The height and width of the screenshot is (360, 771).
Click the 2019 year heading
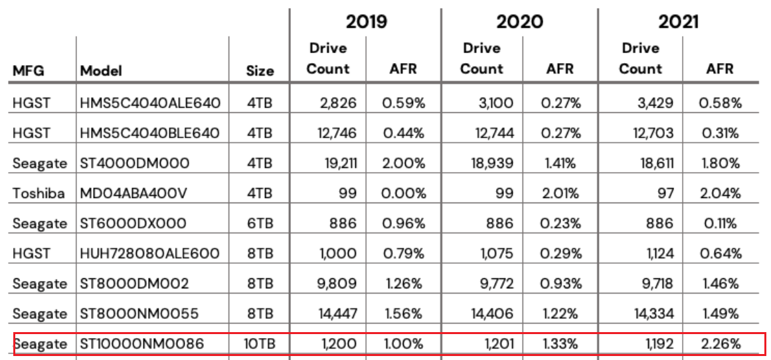click(x=366, y=21)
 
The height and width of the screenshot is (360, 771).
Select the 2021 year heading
click(x=678, y=21)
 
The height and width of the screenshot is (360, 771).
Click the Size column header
click(x=260, y=70)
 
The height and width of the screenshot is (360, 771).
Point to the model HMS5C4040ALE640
click(x=150, y=103)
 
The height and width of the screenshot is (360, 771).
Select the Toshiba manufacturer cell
click(x=39, y=193)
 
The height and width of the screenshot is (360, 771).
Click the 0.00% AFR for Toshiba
click(x=403, y=193)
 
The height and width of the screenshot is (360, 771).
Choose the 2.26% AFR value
click(x=720, y=344)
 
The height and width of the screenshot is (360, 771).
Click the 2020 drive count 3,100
click(x=495, y=103)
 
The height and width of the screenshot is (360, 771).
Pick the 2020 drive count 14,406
click(x=492, y=314)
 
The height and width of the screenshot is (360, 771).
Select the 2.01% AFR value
click(x=560, y=193)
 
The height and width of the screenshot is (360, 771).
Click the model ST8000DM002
click(x=134, y=284)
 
